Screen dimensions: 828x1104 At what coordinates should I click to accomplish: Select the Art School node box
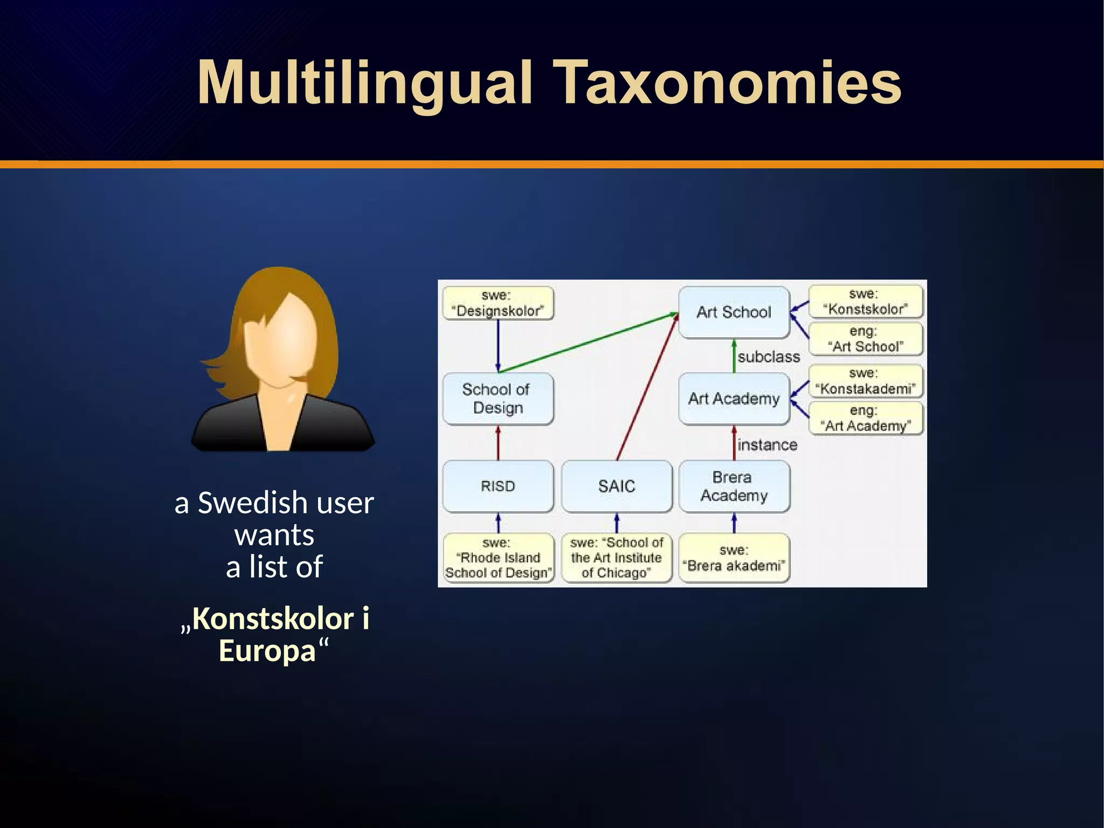coord(734,312)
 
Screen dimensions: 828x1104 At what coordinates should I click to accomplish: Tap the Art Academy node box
coord(734,399)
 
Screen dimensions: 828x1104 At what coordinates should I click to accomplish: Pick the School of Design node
coord(498,399)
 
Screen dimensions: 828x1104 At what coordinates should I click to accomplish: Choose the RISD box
coord(498,486)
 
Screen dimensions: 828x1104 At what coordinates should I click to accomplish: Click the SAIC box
coord(617,486)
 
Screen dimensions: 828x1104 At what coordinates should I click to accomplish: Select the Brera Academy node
coord(734,486)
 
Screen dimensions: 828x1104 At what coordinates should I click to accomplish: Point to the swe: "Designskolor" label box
coord(498,303)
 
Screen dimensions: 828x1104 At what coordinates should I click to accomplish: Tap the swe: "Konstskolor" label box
coord(865,302)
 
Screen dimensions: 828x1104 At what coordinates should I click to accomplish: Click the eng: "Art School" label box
coord(865,339)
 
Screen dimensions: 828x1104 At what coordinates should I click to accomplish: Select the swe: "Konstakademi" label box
coord(865,381)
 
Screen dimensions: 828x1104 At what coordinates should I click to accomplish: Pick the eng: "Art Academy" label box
coord(865,418)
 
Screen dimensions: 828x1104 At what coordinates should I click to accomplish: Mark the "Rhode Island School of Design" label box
coord(498,558)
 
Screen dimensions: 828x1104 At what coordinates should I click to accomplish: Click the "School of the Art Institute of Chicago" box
coord(617,558)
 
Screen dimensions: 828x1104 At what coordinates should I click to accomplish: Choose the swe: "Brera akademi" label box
coord(734,558)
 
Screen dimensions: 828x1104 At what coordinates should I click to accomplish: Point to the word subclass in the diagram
coord(769,357)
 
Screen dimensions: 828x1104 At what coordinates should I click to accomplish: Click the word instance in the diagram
coord(767,445)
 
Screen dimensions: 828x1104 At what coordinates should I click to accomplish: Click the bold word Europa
coord(267,651)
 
